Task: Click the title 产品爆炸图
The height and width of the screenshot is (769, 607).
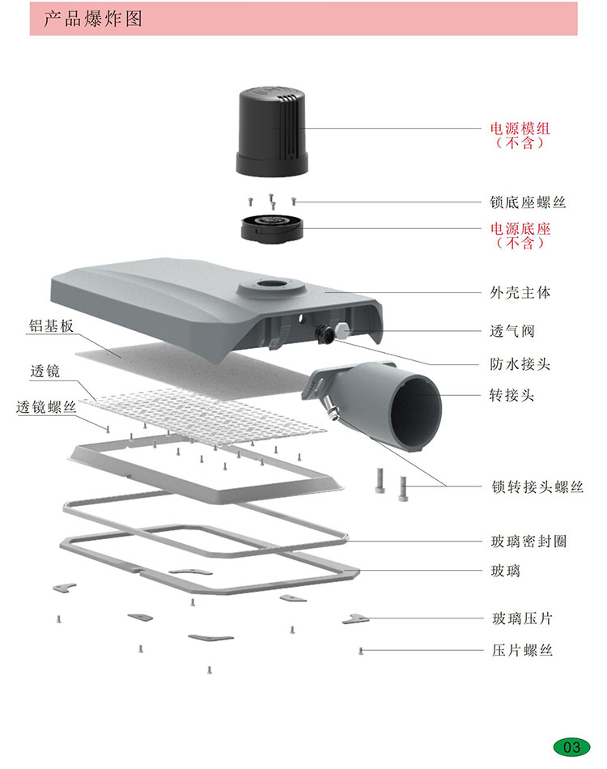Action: [93, 18]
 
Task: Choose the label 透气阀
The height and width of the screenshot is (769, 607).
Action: [511, 331]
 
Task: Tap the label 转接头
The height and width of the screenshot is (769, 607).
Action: [511, 396]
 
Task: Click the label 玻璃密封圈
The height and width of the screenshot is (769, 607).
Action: [528, 541]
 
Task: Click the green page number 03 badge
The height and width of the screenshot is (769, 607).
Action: [571, 746]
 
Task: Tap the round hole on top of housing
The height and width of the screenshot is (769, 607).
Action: [267, 285]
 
